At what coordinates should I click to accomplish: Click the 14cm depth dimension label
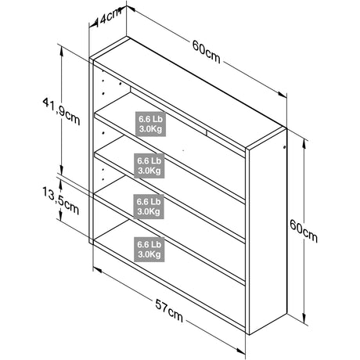(x=107, y=18)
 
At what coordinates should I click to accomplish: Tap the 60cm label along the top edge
(x=207, y=52)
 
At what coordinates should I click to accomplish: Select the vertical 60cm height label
(x=304, y=231)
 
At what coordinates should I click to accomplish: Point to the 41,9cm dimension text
(x=61, y=111)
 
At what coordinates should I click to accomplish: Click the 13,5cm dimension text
(x=61, y=201)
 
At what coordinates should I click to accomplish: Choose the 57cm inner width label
(x=169, y=311)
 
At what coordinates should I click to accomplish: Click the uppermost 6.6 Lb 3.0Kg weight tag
(x=150, y=124)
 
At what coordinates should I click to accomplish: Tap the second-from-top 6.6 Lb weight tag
(x=149, y=166)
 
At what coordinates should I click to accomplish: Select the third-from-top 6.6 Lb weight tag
(x=149, y=207)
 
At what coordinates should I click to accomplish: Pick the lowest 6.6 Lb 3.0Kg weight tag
(x=149, y=250)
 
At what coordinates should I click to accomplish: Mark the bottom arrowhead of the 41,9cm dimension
(x=62, y=170)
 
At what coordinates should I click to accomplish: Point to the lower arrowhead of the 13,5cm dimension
(x=60, y=216)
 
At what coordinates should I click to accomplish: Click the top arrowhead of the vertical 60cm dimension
(x=304, y=144)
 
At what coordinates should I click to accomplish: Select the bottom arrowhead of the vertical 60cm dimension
(x=304, y=319)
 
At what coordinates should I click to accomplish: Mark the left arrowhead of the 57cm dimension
(x=98, y=269)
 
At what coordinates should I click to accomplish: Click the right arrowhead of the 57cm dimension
(x=241, y=351)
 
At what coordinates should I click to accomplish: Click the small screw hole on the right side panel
(x=284, y=147)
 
